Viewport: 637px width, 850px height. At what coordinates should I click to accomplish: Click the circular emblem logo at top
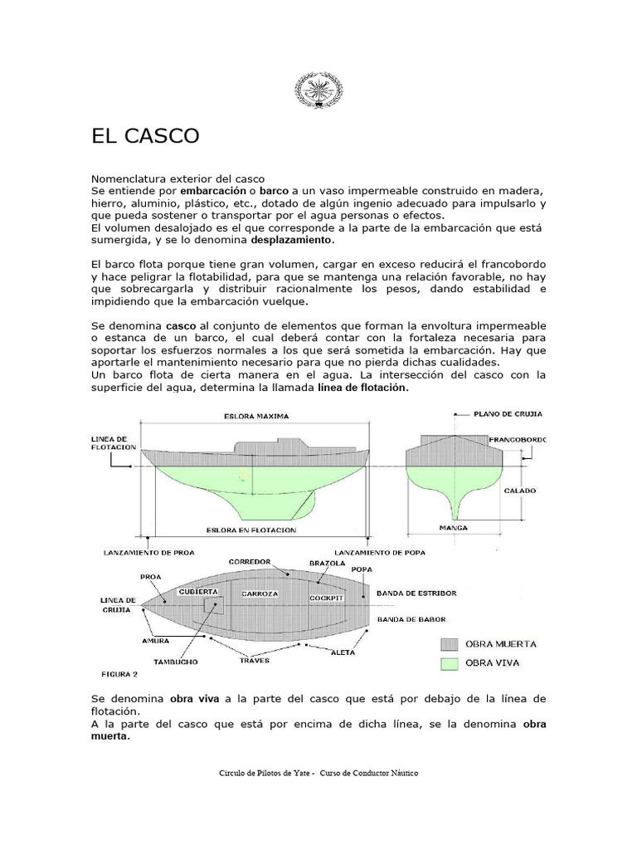pos(318,89)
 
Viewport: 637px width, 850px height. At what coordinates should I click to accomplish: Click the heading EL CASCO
pos(145,136)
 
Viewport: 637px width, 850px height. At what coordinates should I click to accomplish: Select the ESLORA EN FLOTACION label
pos(253,529)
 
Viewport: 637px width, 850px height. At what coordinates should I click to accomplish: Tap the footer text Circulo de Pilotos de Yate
pos(265,773)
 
